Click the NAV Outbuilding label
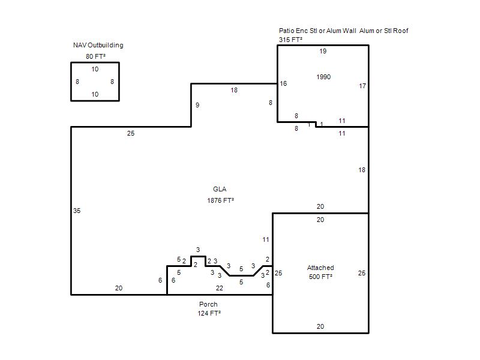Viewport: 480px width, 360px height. (98, 46)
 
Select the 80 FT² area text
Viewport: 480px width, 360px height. (95, 56)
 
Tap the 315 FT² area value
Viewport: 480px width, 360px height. (290, 40)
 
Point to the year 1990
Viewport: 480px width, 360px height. (323, 77)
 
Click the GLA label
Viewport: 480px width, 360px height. (220, 189)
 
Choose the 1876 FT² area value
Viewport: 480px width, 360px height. (220, 200)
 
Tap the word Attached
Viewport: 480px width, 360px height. (320, 268)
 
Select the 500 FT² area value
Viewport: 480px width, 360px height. (320, 277)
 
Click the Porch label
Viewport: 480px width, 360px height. (208, 304)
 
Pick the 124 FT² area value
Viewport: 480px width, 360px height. (209, 313)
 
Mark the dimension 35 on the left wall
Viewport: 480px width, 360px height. (77, 211)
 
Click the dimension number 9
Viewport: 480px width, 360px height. (197, 106)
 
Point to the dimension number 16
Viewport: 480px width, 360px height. (283, 83)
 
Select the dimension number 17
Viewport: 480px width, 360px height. (362, 86)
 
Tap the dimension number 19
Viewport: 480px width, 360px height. (323, 51)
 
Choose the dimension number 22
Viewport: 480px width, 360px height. (219, 288)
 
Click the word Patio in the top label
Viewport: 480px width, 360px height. (286, 31)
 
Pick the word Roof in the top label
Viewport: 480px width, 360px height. (400, 31)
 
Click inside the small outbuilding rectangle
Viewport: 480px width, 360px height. (95, 82)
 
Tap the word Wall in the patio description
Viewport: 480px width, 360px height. (349, 31)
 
